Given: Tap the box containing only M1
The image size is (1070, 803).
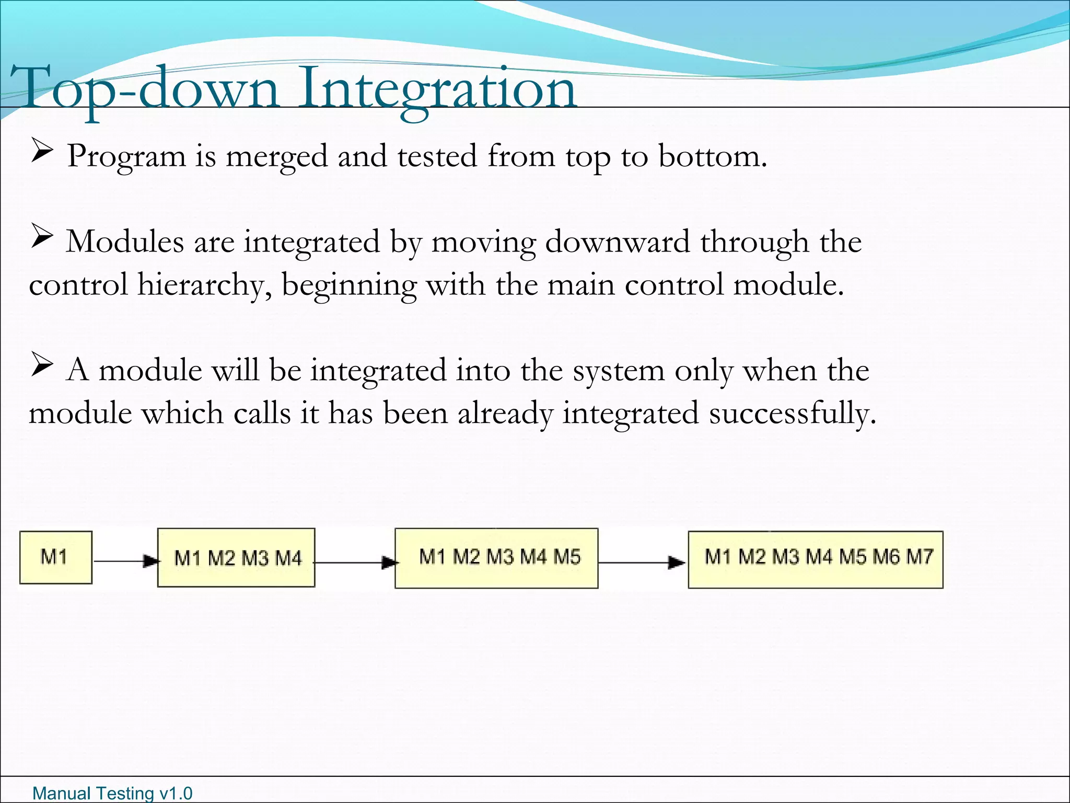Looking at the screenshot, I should point(55,557).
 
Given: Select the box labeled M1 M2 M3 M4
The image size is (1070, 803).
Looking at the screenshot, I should point(236,558).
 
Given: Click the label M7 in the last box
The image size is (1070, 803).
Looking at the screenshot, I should point(920,556).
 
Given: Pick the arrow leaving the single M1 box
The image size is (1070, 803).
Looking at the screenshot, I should point(125,561).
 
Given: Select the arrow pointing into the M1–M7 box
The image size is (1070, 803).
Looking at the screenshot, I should point(643,563).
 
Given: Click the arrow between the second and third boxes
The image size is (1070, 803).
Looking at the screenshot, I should point(355,563).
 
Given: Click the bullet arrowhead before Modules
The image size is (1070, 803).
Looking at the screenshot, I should point(42,236).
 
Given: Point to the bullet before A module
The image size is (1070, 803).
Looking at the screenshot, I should point(42,365).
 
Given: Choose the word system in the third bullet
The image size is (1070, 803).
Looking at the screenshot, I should point(619,371).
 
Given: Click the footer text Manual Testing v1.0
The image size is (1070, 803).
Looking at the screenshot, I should point(112,793).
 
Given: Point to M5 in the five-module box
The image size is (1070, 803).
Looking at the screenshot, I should point(567,557).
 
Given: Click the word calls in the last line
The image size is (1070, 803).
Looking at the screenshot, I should point(262,414).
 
